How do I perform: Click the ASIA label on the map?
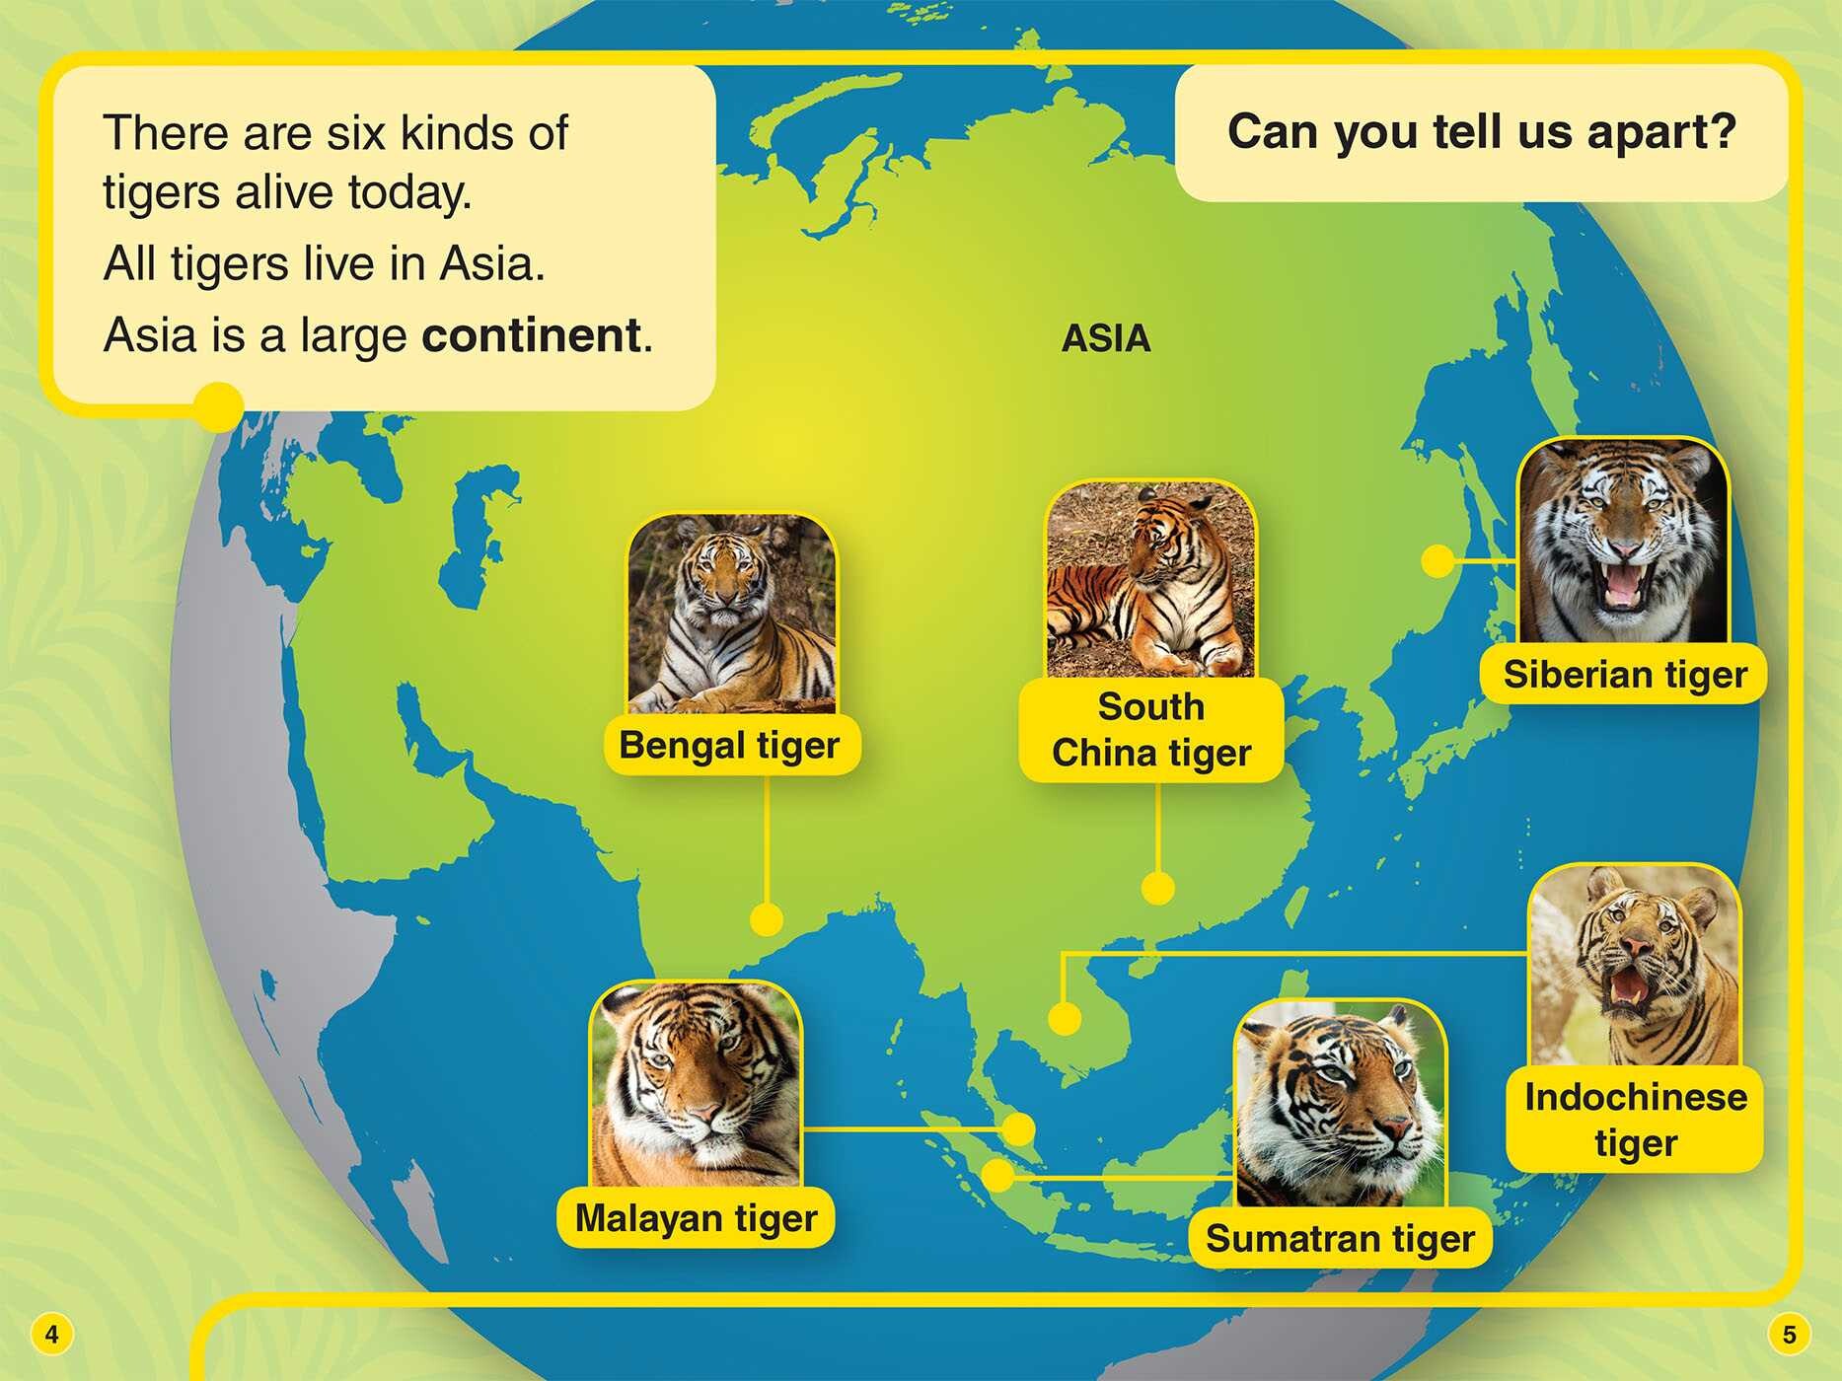coord(1106,338)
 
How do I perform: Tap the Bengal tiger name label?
coord(729,745)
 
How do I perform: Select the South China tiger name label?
coord(1150,730)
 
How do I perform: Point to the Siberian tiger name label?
coord(1624,675)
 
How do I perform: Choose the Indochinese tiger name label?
coord(1635,1120)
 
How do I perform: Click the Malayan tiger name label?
coord(696,1218)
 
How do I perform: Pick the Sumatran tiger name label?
coord(1340,1238)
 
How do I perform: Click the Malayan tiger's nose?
coord(703,1114)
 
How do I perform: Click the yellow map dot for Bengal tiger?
coord(766,919)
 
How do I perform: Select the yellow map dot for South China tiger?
coord(1157,888)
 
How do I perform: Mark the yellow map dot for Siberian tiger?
coord(1437,561)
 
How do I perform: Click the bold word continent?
coord(532,335)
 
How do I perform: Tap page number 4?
coord(51,1335)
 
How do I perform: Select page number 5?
coord(1789,1335)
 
